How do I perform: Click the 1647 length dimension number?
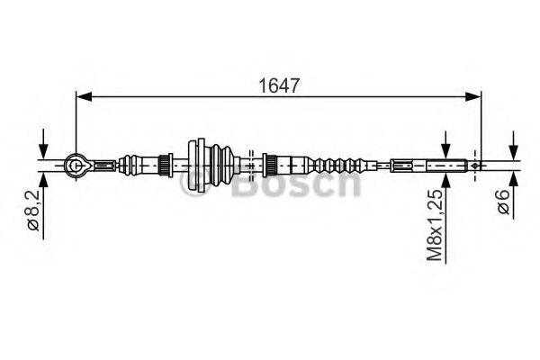279,85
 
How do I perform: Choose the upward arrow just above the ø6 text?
511,177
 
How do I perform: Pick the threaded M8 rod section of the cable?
445,165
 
